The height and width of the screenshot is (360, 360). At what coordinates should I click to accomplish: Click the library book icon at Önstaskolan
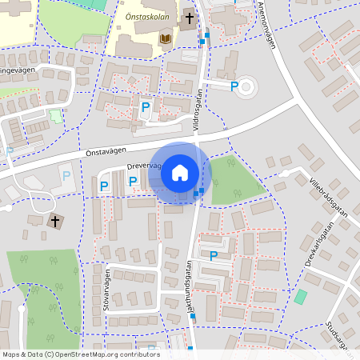click(x=166, y=38)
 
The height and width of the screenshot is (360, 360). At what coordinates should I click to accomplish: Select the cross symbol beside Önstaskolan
click(x=190, y=18)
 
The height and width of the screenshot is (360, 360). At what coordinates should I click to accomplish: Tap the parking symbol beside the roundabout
click(x=234, y=86)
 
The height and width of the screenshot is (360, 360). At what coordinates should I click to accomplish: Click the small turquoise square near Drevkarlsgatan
click(x=300, y=297)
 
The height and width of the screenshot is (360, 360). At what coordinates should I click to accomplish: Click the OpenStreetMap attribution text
click(x=80, y=354)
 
